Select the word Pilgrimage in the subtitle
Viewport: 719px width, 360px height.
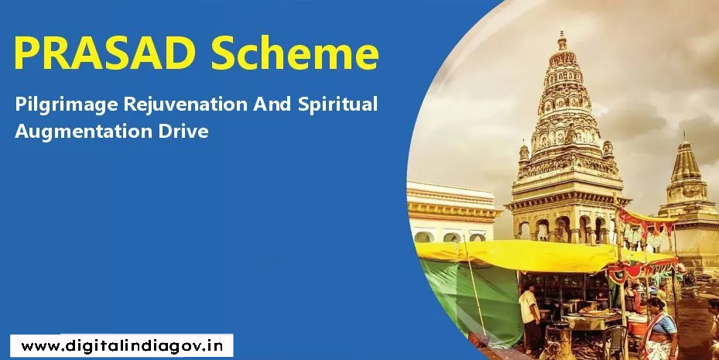[x=66, y=105]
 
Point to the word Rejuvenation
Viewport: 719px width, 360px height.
[x=186, y=105]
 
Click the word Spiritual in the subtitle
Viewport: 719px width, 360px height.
[x=337, y=105]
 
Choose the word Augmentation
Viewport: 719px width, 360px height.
[x=84, y=131]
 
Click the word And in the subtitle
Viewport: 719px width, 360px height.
[x=272, y=104]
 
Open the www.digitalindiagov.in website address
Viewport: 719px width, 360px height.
[x=122, y=346]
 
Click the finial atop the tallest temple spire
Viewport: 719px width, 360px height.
[x=562, y=39]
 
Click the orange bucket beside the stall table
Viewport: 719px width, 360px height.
[x=637, y=327]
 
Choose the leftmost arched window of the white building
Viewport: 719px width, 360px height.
[x=423, y=237]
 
